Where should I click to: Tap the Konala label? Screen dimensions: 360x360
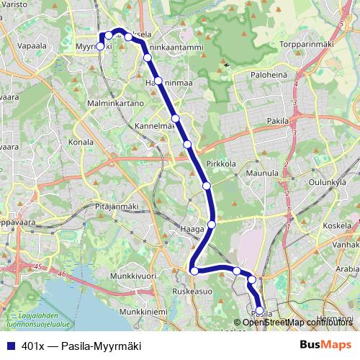[x=81, y=142]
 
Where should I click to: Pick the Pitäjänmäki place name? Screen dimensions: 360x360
[x=117, y=207]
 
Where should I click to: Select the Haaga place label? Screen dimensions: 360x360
[x=196, y=229]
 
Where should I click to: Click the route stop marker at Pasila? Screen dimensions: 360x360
[x=259, y=311]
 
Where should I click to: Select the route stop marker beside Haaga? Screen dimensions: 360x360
[x=212, y=225]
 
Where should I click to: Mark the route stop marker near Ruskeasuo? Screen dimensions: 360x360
[x=194, y=271]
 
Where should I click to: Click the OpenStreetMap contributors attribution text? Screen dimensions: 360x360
[x=297, y=322]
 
